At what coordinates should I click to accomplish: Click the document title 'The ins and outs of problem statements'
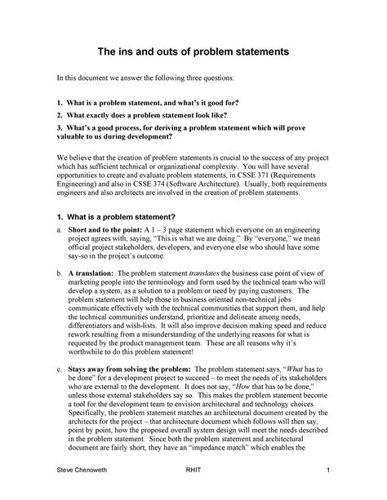[x=193, y=52]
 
